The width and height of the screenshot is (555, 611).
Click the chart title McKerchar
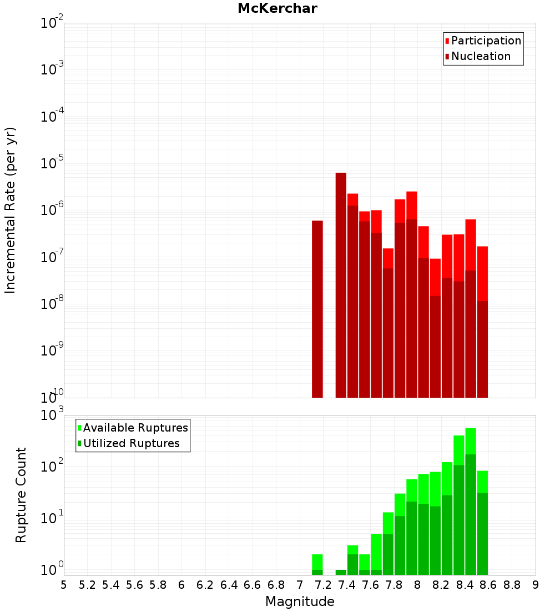click(277, 8)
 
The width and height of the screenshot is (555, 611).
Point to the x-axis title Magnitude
click(300, 602)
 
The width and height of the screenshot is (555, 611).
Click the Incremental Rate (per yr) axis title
click(11, 210)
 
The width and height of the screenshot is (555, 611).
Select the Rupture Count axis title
click(21, 494)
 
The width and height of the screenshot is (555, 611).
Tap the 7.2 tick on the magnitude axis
click(323, 585)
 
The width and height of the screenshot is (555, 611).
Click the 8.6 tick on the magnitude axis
click(488, 585)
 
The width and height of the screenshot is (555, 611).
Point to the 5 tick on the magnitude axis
click(64, 585)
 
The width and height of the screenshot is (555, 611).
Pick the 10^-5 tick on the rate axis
click(52, 164)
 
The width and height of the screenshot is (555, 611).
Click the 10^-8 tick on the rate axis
click(52, 304)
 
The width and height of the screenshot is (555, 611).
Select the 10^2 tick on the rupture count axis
click(52, 467)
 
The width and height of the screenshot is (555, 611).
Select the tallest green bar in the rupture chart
click(471, 500)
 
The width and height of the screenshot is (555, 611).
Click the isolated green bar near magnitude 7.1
click(317, 564)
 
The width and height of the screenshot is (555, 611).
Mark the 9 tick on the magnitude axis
click(536, 585)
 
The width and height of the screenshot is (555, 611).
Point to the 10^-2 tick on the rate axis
click(52, 23)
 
